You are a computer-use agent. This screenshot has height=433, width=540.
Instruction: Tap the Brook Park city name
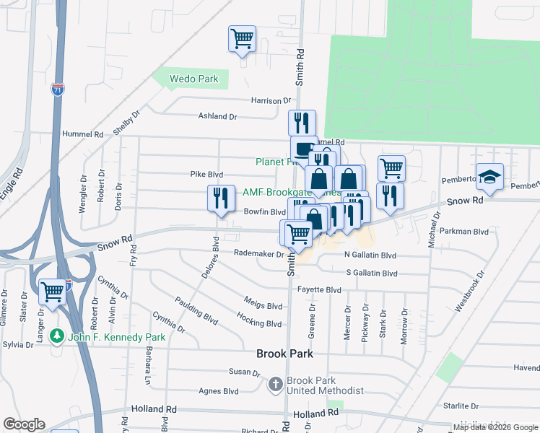pos(285,354)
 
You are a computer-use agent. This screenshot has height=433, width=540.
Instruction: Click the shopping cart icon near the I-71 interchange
pos(53,292)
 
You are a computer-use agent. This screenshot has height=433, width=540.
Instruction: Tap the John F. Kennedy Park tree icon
pos(57,336)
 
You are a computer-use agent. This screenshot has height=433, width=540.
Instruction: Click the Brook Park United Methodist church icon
pos(275,385)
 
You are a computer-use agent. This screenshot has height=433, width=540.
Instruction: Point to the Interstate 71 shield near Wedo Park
pos(57,89)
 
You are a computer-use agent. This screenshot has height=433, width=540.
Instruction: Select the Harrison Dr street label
pos(271,101)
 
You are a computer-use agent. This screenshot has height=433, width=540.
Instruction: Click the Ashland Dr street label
pos(218,116)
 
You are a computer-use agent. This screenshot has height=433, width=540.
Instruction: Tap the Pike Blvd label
pos(206,175)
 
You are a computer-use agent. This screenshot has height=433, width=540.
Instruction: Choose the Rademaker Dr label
pos(258,253)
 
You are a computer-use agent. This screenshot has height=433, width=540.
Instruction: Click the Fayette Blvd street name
pos(319,290)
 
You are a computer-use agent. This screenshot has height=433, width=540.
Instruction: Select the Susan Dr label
pos(244,372)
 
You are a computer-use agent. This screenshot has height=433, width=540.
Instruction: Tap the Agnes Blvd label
pos(219,391)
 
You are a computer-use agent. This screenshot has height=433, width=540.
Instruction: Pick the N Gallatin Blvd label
pos(370,255)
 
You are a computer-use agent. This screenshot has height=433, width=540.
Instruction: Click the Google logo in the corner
pos(25,424)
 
